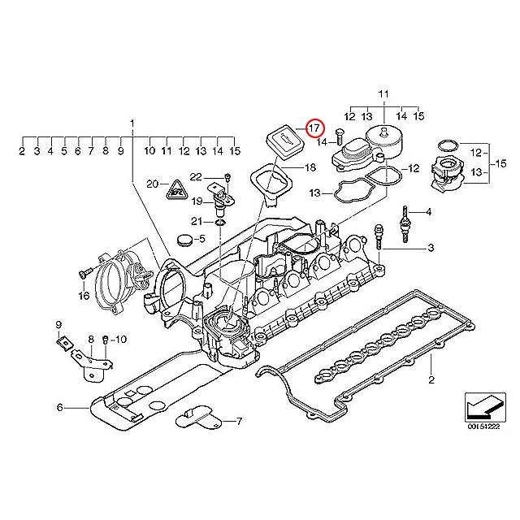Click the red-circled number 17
(314, 128)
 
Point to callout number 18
(309, 168)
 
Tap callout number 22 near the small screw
(196, 176)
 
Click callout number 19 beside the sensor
(197, 201)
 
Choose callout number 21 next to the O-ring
(196, 222)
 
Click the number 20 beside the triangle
(151, 184)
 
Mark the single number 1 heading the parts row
(131, 123)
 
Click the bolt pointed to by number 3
(378, 238)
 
